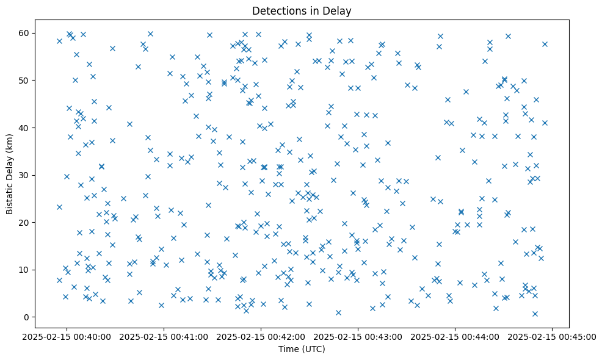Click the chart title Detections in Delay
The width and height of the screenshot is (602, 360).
302,11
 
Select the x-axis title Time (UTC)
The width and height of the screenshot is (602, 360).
302,349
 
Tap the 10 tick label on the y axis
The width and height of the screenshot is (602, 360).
25,270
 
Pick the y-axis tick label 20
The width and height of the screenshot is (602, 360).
25,223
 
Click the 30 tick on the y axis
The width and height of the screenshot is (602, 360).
25,175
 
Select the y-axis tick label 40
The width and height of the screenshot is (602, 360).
25,128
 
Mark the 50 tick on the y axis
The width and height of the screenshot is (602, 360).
25,81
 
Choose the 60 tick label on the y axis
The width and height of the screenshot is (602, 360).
25,33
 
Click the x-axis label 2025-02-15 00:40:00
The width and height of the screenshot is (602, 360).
67,336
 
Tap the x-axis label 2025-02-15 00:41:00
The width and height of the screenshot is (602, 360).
164,336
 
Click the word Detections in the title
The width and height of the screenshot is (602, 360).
276,11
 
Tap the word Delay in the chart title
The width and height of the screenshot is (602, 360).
339,11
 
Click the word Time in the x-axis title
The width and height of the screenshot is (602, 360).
288,349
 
